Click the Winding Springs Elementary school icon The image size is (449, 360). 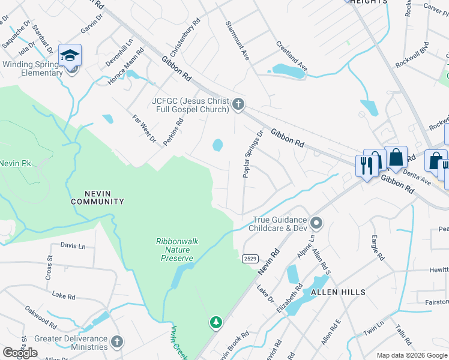(x=70, y=56)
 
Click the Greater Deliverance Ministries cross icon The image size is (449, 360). (x=117, y=342)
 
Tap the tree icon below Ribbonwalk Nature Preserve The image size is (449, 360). (x=215, y=323)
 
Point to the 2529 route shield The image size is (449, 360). (x=251, y=258)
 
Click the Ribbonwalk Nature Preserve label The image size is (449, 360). (x=176, y=250)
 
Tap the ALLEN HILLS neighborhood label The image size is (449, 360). (x=338, y=292)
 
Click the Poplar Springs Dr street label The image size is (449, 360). (x=253, y=154)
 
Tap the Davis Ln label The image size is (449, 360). (x=73, y=245)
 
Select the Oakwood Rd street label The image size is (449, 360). (x=41, y=319)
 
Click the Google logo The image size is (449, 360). (x=20, y=353)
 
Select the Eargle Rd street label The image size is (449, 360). (x=377, y=247)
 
